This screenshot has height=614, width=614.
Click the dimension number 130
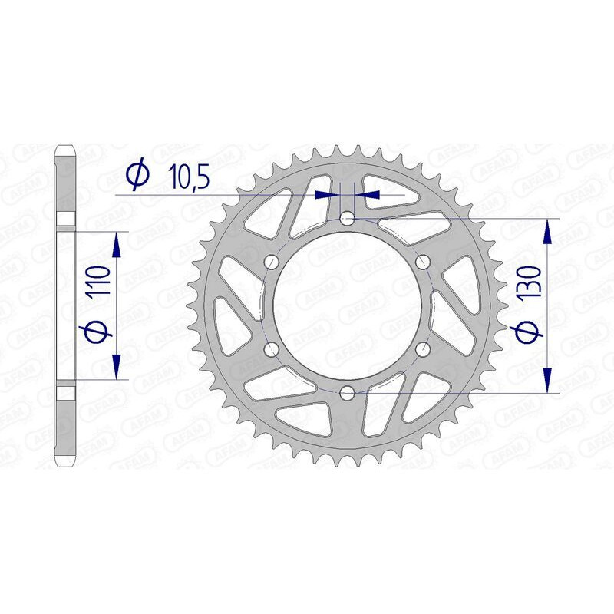pos(530,281)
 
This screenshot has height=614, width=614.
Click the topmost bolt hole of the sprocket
pos(346,219)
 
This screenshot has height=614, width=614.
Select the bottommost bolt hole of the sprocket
pos(346,394)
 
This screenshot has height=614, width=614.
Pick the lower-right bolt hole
pos(421,350)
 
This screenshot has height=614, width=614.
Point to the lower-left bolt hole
pos(270,350)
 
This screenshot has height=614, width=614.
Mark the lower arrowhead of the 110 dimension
pos(116,368)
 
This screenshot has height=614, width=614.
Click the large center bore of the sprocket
pos(346,306)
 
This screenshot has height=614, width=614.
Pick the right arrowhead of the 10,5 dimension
pos(365,195)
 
